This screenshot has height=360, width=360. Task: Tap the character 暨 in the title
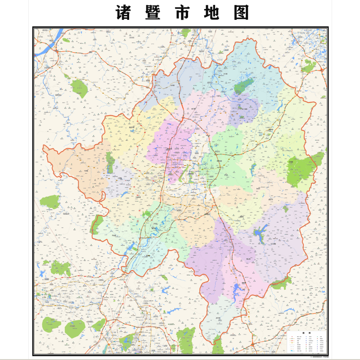pos(151,13)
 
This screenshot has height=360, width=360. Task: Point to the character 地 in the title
pos(211,13)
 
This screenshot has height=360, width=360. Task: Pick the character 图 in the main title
pos(241,13)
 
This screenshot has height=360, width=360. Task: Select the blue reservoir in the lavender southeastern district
pos(260,234)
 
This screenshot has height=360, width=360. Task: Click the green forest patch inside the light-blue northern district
pos(243,85)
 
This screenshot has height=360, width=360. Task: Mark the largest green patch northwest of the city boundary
pos(79,88)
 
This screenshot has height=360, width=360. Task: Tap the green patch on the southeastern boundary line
pos(282,283)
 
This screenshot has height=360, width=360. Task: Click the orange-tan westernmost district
pos(76,169)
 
